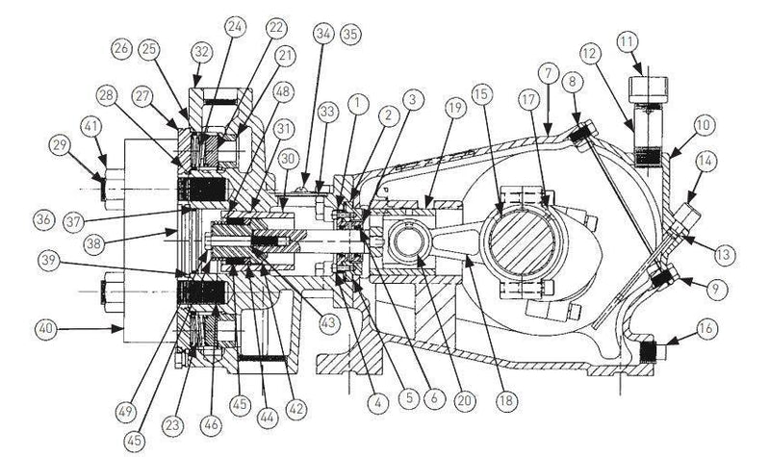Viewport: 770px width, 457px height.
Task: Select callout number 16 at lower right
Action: [706, 328]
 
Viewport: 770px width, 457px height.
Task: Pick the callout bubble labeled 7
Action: [547, 73]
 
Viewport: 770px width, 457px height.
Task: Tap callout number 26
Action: [120, 46]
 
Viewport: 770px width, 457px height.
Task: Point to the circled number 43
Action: [329, 320]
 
